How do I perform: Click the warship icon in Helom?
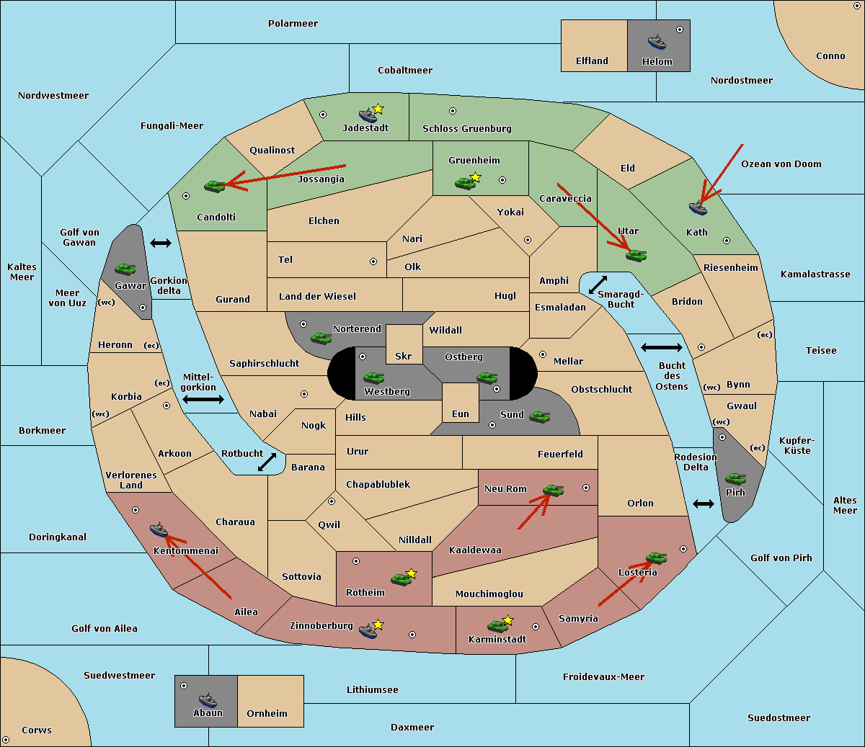tap(657, 43)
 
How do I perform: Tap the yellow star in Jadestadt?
tap(378, 109)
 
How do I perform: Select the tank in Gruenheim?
tap(465, 183)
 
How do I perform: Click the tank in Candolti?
tap(214, 186)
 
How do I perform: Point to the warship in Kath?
tap(698, 208)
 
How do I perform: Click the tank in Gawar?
tap(125, 269)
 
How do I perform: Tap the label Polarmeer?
tap(293, 24)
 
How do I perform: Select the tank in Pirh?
tap(735, 478)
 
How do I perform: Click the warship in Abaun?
tap(208, 699)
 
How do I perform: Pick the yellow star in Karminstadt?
tap(507, 619)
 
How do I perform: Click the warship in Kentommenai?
tap(159, 529)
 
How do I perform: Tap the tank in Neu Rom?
tap(553, 490)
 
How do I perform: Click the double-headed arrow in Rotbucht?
tap(267, 462)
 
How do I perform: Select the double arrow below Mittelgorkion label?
tap(203, 399)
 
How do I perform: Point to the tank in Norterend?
tap(321, 339)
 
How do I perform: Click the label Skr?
tap(404, 356)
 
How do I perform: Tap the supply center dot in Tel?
tap(373, 261)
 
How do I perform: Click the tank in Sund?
tap(539, 416)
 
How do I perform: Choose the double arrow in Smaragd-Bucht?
tap(598, 285)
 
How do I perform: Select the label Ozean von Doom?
tap(781, 164)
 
